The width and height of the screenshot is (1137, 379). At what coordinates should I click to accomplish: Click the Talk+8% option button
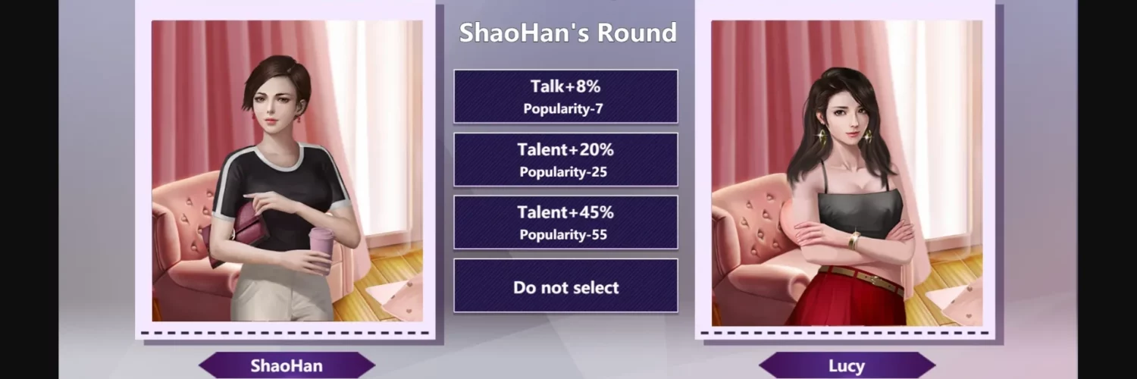(x=565, y=96)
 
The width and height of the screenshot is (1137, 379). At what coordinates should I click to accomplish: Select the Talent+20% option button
(x=565, y=159)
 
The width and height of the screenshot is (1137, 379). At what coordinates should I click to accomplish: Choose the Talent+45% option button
(x=565, y=222)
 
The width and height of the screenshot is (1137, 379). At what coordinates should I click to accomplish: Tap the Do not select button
(x=565, y=286)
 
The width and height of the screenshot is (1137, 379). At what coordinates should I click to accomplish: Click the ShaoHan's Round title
(x=568, y=33)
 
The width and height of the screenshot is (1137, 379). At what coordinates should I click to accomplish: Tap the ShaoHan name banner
(x=287, y=365)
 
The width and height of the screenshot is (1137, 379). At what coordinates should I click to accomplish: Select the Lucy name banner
(x=847, y=365)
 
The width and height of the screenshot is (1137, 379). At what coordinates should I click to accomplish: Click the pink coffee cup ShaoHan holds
(x=321, y=248)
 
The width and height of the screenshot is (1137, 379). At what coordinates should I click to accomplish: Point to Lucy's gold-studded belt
(x=863, y=278)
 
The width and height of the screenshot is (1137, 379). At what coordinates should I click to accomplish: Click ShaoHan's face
(x=275, y=102)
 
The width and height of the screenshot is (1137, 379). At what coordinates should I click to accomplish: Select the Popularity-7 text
(x=563, y=109)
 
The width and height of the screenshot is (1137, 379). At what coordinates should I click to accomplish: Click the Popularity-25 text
(x=563, y=172)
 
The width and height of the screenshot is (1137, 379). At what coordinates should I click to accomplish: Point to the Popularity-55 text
(x=563, y=234)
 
